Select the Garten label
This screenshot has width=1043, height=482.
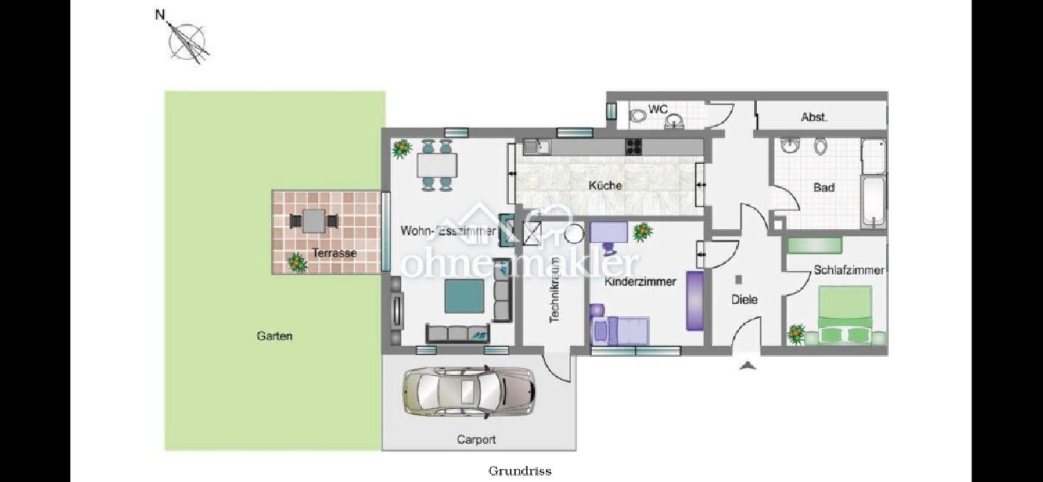(275, 336)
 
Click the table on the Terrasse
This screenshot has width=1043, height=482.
(313, 221)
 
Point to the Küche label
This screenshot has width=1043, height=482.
(605, 186)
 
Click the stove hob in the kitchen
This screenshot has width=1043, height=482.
(634, 147)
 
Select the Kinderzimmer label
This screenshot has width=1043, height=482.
(640, 282)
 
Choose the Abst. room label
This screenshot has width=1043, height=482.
(814, 117)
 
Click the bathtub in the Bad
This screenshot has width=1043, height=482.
(874, 204)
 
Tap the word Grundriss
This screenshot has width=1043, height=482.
(520, 470)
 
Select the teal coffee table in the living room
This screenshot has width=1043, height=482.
(465, 296)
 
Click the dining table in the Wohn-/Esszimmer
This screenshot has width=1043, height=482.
(437, 166)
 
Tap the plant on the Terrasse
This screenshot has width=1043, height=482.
(297, 262)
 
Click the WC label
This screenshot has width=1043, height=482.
(658, 109)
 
